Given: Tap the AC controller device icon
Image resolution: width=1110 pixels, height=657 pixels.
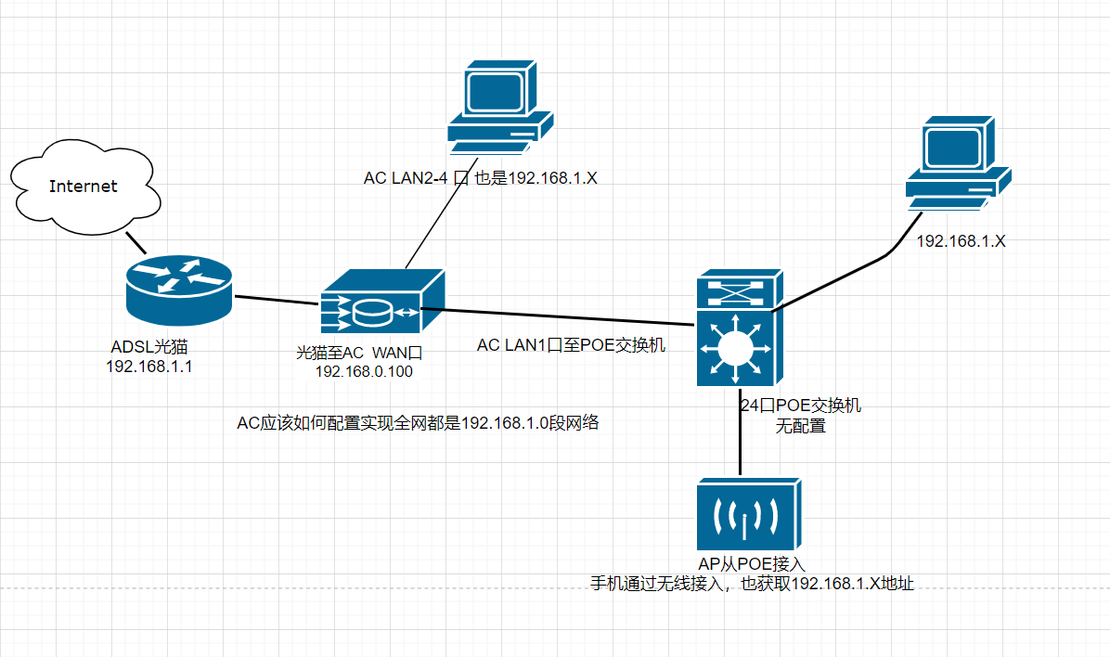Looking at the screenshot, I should coord(381,303).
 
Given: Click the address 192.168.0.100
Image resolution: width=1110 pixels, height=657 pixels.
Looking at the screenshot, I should coord(365,372).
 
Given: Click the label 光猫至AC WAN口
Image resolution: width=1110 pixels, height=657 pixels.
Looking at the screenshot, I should coord(360,353).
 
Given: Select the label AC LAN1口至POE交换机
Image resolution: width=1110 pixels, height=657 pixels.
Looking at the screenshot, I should coord(571,345).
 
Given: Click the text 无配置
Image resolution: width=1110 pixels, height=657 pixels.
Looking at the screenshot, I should coord(801,428).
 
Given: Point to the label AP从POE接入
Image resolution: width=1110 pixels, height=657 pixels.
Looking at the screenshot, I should coord(752,563).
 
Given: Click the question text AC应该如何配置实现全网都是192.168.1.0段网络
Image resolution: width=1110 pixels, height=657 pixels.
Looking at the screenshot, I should coord(419,424).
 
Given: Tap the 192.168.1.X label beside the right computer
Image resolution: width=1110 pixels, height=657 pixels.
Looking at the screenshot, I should coord(962,241).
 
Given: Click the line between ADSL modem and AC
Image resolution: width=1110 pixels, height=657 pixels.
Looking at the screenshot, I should coord(276,300).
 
